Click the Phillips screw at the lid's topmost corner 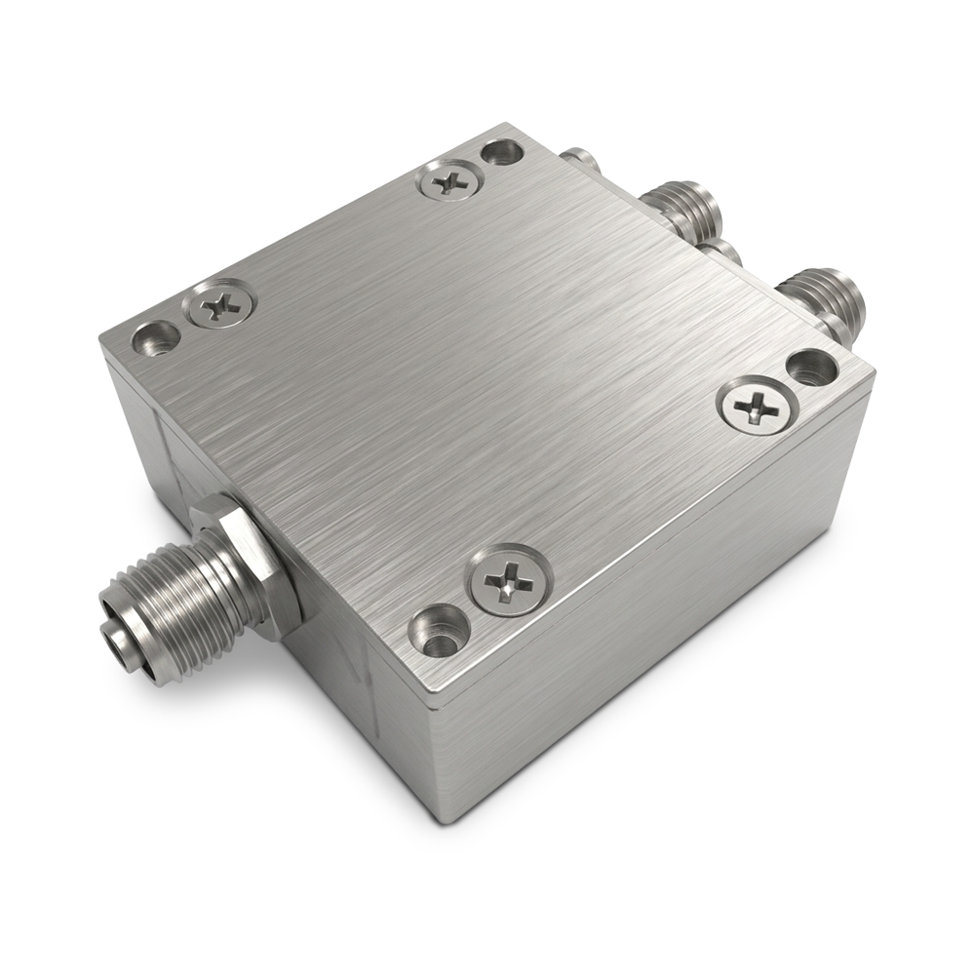tap(450, 180)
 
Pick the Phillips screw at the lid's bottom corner tap(510, 583)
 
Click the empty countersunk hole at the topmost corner tap(502, 153)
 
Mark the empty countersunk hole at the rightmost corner tap(809, 369)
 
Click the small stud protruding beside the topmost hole tap(579, 157)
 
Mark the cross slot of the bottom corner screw tap(510, 583)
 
